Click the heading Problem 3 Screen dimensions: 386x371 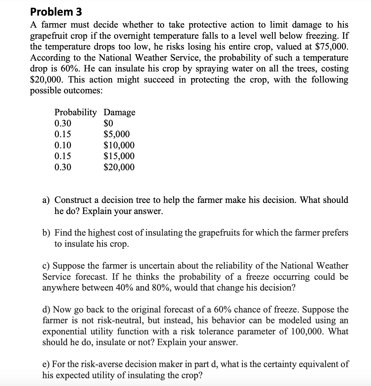(56, 12)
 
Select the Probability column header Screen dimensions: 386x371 (76, 112)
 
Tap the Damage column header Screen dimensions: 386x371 (119, 112)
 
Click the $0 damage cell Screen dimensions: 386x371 (108, 123)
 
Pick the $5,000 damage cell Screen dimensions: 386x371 (117, 134)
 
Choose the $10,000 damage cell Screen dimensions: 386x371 (119, 145)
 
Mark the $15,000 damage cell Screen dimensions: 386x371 (119, 156)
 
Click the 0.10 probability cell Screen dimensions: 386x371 (63, 145)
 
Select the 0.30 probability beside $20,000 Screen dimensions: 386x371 (63, 167)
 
